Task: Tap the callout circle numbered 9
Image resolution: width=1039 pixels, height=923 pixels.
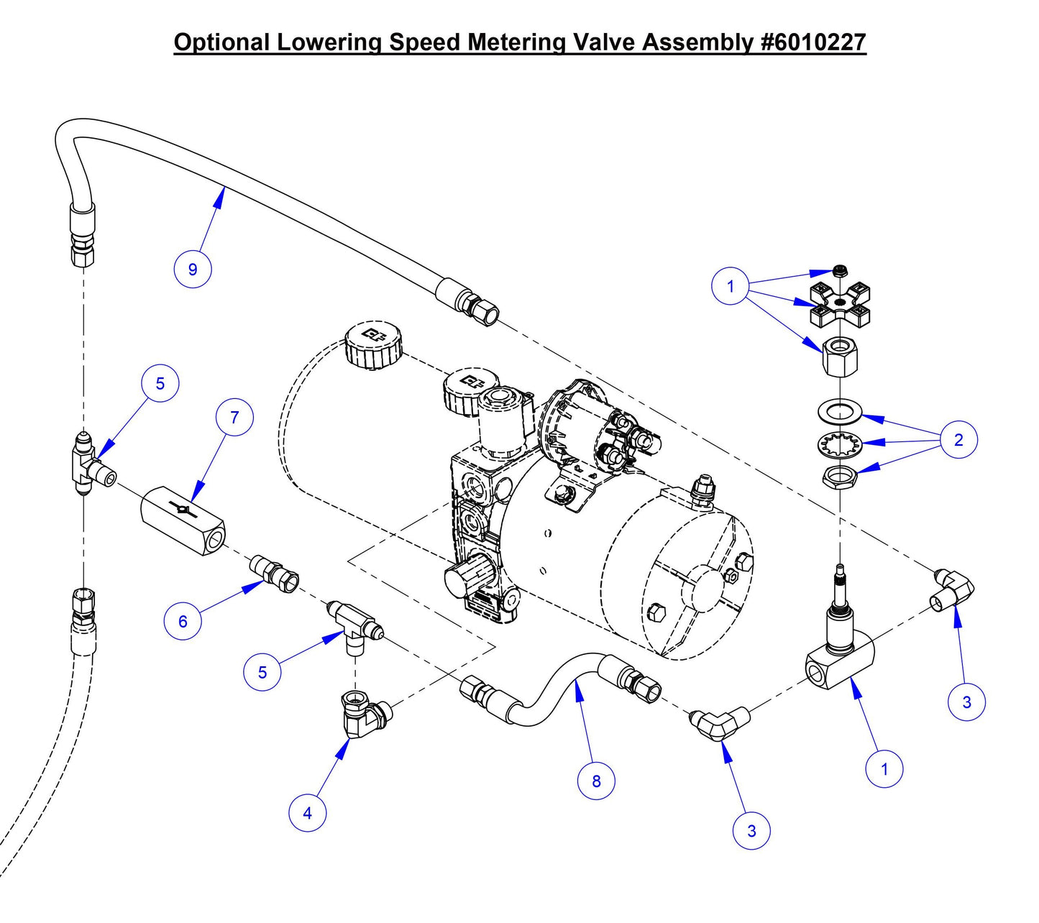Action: [x=192, y=270]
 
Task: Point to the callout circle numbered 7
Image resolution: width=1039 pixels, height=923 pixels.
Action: [x=235, y=418]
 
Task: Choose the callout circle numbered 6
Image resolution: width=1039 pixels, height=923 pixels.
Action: [x=182, y=621]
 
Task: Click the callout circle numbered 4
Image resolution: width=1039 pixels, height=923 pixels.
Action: [x=307, y=813]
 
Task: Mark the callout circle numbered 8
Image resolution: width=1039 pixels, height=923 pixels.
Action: [x=596, y=781]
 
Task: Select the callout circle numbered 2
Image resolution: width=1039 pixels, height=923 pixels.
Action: [x=958, y=439]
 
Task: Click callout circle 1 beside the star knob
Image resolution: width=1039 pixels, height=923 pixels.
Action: [x=730, y=286]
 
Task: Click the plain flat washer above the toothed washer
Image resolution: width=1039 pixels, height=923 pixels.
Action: [x=839, y=413]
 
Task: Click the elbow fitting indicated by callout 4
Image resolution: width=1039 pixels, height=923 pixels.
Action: [x=363, y=714]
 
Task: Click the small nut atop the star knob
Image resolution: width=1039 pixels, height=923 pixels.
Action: [x=839, y=271]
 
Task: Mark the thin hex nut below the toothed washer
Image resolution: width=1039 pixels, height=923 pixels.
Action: [x=838, y=476]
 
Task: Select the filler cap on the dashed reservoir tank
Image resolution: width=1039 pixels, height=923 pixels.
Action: [x=372, y=343]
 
